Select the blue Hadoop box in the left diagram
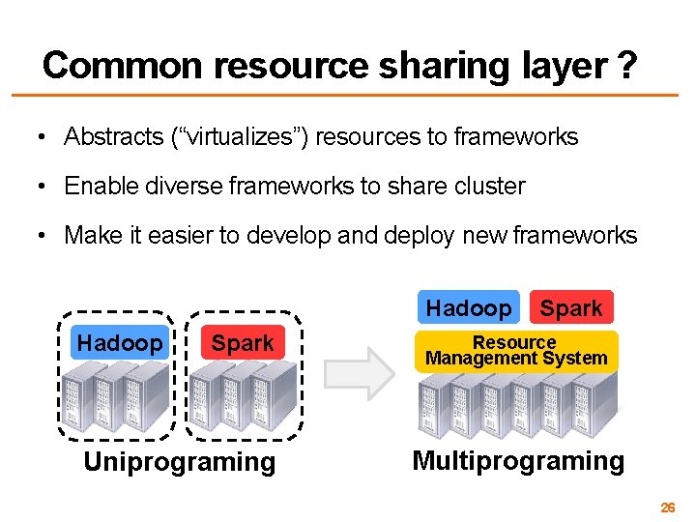(120, 343)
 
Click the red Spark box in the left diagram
(243, 343)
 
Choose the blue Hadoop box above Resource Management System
(468, 308)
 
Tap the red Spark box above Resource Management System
(571, 308)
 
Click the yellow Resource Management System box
(516, 351)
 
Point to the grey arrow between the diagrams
(359, 373)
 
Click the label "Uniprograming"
(179, 462)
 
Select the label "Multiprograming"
(518, 460)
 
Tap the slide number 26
(667, 507)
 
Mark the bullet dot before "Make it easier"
(43, 236)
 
